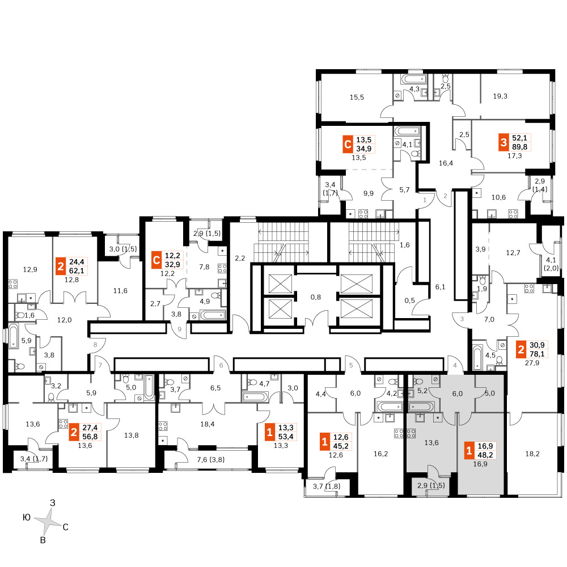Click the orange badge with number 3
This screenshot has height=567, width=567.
(503, 142)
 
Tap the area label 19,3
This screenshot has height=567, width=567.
(500, 96)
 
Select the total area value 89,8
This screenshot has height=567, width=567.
(519, 147)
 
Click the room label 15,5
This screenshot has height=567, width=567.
(357, 98)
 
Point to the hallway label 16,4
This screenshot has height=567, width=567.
(446, 163)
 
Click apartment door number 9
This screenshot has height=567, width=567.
(179, 329)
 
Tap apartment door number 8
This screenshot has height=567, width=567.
(95, 345)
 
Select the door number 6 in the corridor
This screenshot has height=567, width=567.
(221, 366)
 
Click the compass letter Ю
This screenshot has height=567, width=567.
(27, 518)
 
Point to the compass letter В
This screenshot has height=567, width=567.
(43, 540)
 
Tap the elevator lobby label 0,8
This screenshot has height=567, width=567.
(316, 297)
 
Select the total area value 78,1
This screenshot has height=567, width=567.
(537, 354)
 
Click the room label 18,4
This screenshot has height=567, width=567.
(207, 424)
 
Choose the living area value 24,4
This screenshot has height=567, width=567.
(77, 261)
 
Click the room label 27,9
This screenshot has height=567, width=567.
(532, 363)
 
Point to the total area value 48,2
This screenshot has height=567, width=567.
(485, 455)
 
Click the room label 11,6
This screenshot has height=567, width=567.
(120, 291)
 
